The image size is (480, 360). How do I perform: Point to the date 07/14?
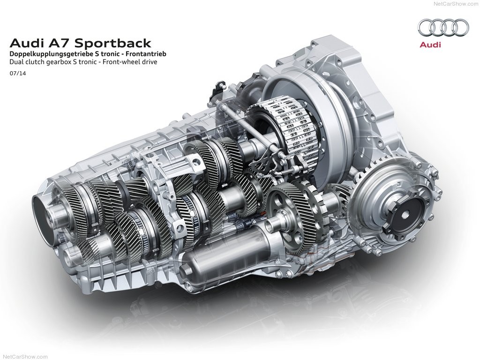[x=18, y=74]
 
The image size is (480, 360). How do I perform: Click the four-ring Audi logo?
[x=443, y=28]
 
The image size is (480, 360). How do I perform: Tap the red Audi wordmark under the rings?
[x=430, y=45]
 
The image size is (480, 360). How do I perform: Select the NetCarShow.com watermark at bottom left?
[x=24, y=357]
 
